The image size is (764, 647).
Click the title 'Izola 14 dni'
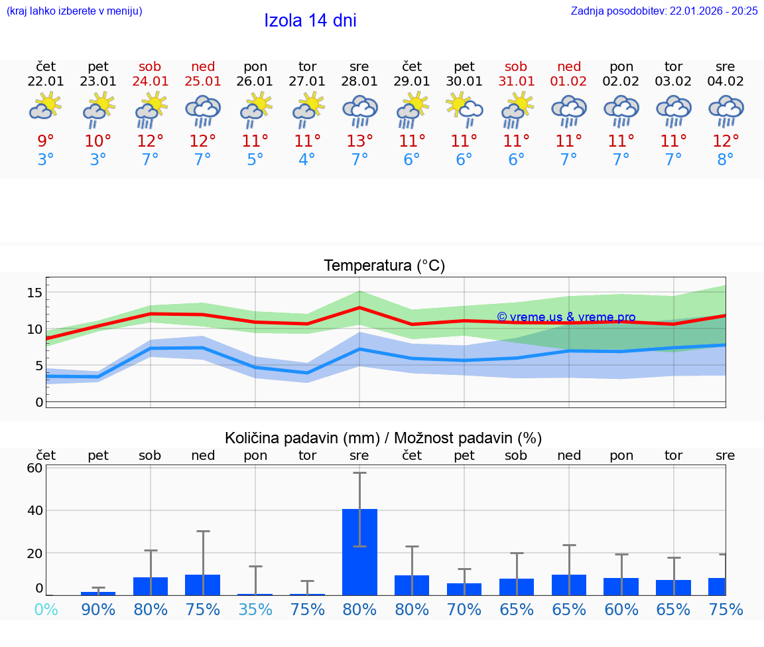point(310,21)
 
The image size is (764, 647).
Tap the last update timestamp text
point(664,11)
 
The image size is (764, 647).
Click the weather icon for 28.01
point(359,111)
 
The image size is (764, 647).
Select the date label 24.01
point(150,82)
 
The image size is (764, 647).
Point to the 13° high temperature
point(359,141)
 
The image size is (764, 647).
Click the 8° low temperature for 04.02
point(726,160)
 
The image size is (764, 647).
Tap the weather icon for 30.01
point(464,109)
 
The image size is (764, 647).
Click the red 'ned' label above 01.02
point(569,66)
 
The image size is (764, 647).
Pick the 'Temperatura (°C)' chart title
point(385,266)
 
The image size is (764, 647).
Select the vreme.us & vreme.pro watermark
point(566,317)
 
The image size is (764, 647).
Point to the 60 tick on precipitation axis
point(34,468)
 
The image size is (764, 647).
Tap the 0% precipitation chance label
point(46,609)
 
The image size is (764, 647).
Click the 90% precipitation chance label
point(98,609)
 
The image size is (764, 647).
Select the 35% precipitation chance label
point(255,609)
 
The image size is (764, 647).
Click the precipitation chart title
point(383,438)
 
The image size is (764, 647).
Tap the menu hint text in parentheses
point(74,11)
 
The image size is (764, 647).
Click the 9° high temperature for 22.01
point(46,141)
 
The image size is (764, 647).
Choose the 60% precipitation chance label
point(621,609)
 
